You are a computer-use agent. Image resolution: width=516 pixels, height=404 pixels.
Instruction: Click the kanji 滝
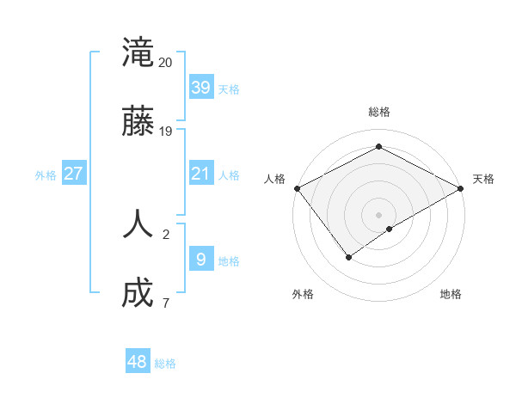tap(138, 52)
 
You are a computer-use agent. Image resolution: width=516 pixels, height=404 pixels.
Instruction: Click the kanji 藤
tap(138, 123)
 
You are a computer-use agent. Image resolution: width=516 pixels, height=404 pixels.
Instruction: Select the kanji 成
tap(138, 294)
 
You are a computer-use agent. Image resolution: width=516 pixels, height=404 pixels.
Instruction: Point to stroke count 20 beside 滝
tap(165, 63)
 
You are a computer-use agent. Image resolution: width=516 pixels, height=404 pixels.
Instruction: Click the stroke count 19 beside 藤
tap(165, 132)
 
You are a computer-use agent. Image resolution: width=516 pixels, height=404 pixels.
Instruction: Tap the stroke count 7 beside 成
tap(165, 303)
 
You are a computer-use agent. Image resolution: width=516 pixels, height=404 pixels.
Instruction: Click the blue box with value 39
tap(200, 87)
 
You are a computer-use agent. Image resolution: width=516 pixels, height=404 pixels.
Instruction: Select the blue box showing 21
tap(200, 174)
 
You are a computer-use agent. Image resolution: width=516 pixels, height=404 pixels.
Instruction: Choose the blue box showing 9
tap(200, 259)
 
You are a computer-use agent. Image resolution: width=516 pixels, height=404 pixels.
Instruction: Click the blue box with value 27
tap(73, 174)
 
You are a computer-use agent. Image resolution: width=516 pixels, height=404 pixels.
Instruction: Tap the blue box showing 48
tap(138, 362)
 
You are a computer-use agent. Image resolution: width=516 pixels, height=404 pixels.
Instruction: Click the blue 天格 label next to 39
tap(229, 89)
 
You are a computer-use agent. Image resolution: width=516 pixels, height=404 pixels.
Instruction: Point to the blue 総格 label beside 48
tap(165, 364)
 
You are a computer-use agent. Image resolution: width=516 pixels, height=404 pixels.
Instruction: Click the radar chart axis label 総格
tap(378, 112)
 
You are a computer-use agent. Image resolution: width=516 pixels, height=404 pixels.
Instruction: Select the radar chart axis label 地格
tap(451, 294)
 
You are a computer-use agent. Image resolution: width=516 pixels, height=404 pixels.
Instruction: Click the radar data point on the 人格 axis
tap(297, 188)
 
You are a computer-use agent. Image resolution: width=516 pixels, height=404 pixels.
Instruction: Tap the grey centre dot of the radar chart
tap(378, 214)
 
